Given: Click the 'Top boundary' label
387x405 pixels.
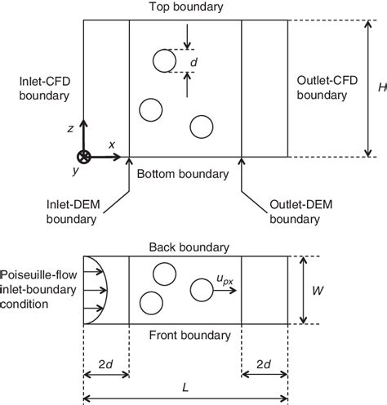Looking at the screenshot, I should click(x=185, y=7).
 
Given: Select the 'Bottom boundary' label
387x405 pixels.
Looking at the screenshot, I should click(x=185, y=174).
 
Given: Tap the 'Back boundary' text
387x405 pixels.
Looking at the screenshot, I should click(x=187, y=247).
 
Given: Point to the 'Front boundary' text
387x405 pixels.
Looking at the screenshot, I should click(x=186, y=335).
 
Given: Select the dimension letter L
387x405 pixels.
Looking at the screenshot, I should click(x=187, y=385).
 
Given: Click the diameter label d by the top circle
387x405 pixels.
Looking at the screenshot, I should click(x=193, y=62).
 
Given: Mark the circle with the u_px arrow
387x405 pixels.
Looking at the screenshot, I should click(x=200, y=290).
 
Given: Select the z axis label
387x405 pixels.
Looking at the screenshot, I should click(x=72, y=128).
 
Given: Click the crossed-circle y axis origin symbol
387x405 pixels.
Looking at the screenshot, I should click(x=83, y=156).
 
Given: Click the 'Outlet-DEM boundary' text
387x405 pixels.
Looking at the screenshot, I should click(x=291, y=211).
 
